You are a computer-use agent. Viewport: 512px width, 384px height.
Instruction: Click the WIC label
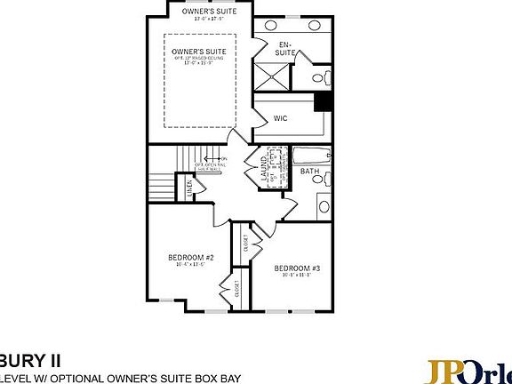[279, 116]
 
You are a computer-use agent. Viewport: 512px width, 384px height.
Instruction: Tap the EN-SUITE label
[285, 49]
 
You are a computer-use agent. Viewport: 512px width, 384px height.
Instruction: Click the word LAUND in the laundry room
[266, 168]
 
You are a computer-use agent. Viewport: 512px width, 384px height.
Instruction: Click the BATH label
[309, 171]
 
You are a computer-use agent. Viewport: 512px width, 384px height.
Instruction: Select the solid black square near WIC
[325, 102]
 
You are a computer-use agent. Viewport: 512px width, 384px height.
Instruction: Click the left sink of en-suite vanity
[270, 26]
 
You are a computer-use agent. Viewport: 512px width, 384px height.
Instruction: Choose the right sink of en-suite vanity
[316, 26]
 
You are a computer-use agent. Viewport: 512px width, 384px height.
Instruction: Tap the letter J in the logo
[430, 370]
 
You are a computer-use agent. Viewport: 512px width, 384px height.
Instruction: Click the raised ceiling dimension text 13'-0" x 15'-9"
[199, 63]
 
